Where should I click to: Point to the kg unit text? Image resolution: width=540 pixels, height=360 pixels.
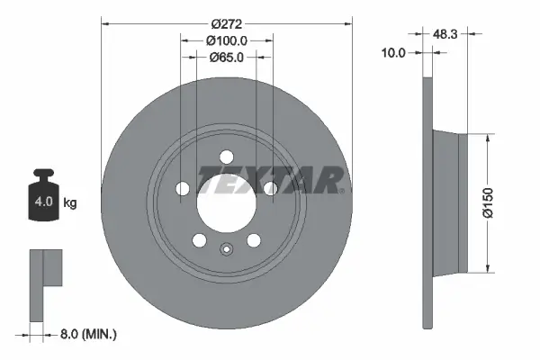[x=70, y=203]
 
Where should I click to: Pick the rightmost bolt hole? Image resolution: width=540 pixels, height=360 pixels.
[x=269, y=188]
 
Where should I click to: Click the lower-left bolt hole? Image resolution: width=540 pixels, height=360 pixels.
[x=198, y=239]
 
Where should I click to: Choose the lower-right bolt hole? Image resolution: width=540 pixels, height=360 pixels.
[x=253, y=239]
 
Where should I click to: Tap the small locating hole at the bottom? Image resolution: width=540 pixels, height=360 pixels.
[x=225, y=250]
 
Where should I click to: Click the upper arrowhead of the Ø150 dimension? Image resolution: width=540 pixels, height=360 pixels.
[x=488, y=137]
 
